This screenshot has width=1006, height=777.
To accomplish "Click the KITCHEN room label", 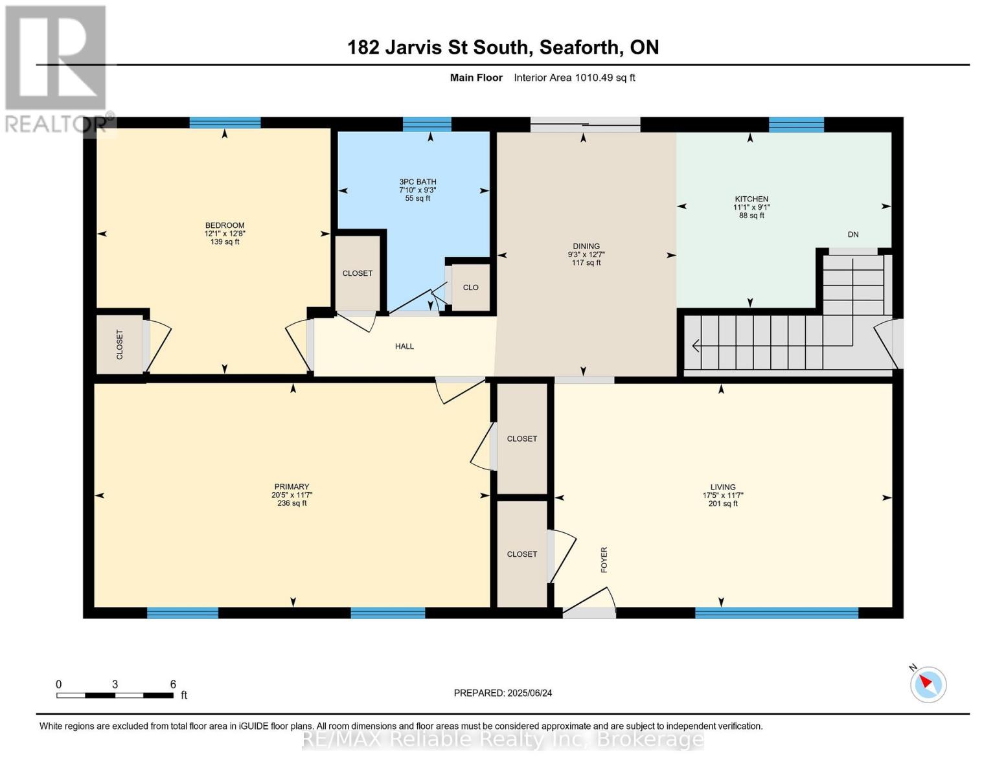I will point(751,199).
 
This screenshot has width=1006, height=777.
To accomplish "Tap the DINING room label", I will point(586,246).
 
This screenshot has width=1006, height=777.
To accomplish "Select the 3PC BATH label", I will point(418,182).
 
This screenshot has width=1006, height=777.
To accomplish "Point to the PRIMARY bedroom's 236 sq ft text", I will point(292,503).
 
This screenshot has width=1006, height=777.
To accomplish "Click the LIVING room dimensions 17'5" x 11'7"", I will point(723,495).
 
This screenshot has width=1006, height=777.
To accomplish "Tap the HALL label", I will point(404,346).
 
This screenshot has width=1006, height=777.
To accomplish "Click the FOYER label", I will point(604,559).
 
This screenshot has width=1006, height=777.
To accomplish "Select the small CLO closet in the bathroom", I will point(470,287).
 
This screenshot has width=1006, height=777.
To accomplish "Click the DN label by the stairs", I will point(853,234).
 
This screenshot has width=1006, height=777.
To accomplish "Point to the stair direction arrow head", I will point(696,346).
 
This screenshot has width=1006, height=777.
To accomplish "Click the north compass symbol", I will point(928,684).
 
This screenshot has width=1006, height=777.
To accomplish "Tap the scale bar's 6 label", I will point(173,684).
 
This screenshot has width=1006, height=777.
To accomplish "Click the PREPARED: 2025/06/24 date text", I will point(503,693).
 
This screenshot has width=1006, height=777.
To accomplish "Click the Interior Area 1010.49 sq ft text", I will point(574,78).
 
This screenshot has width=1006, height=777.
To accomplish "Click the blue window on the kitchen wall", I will point(796,124).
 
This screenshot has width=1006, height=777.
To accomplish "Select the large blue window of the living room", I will point(776,613).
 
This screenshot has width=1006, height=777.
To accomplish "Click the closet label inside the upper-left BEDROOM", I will point(119,344).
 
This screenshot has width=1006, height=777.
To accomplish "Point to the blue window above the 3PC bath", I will point(427,124).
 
